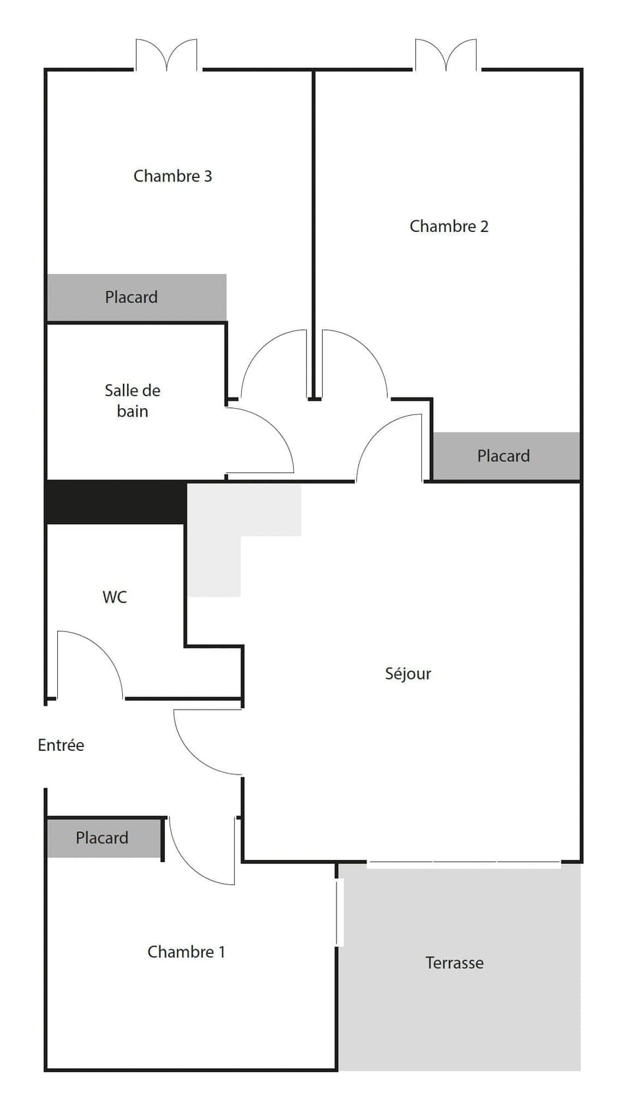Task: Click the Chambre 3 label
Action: coord(172,176)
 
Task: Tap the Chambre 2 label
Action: coord(449,227)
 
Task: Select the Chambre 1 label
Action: coord(186,952)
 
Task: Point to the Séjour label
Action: coord(408,673)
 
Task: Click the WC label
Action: coord(114,597)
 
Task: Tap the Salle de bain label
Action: coord(132,401)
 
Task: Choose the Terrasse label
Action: coord(454,963)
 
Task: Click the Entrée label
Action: coord(60,745)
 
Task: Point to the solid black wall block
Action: coord(115,502)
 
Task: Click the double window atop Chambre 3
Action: coord(166,55)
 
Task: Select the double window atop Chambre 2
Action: coord(446,55)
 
